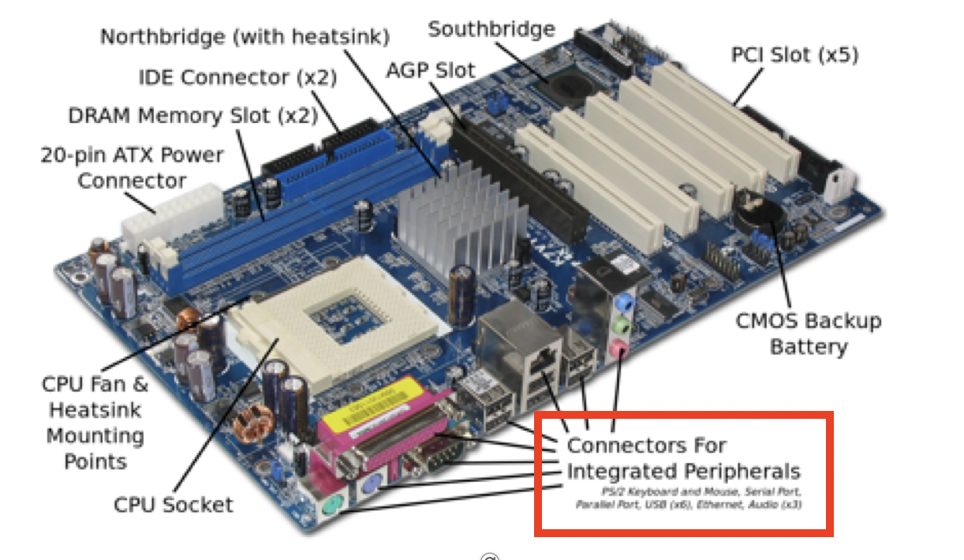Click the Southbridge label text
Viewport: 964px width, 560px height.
pyautogui.click(x=491, y=29)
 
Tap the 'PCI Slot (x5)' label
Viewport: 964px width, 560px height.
pyautogui.click(x=794, y=55)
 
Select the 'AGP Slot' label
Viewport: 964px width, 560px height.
pyautogui.click(x=430, y=70)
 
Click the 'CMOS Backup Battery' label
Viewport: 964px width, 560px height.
pyautogui.click(x=808, y=333)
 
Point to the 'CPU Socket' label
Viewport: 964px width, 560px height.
pyautogui.click(x=174, y=504)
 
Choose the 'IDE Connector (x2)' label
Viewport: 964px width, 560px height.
pyautogui.click(x=237, y=77)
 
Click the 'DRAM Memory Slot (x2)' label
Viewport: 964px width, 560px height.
pyautogui.click(x=192, y=116)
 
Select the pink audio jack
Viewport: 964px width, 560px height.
pyautogui.click(x=620, y=348)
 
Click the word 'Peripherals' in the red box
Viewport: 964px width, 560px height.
pyautogui.click(x=736, y=472)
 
